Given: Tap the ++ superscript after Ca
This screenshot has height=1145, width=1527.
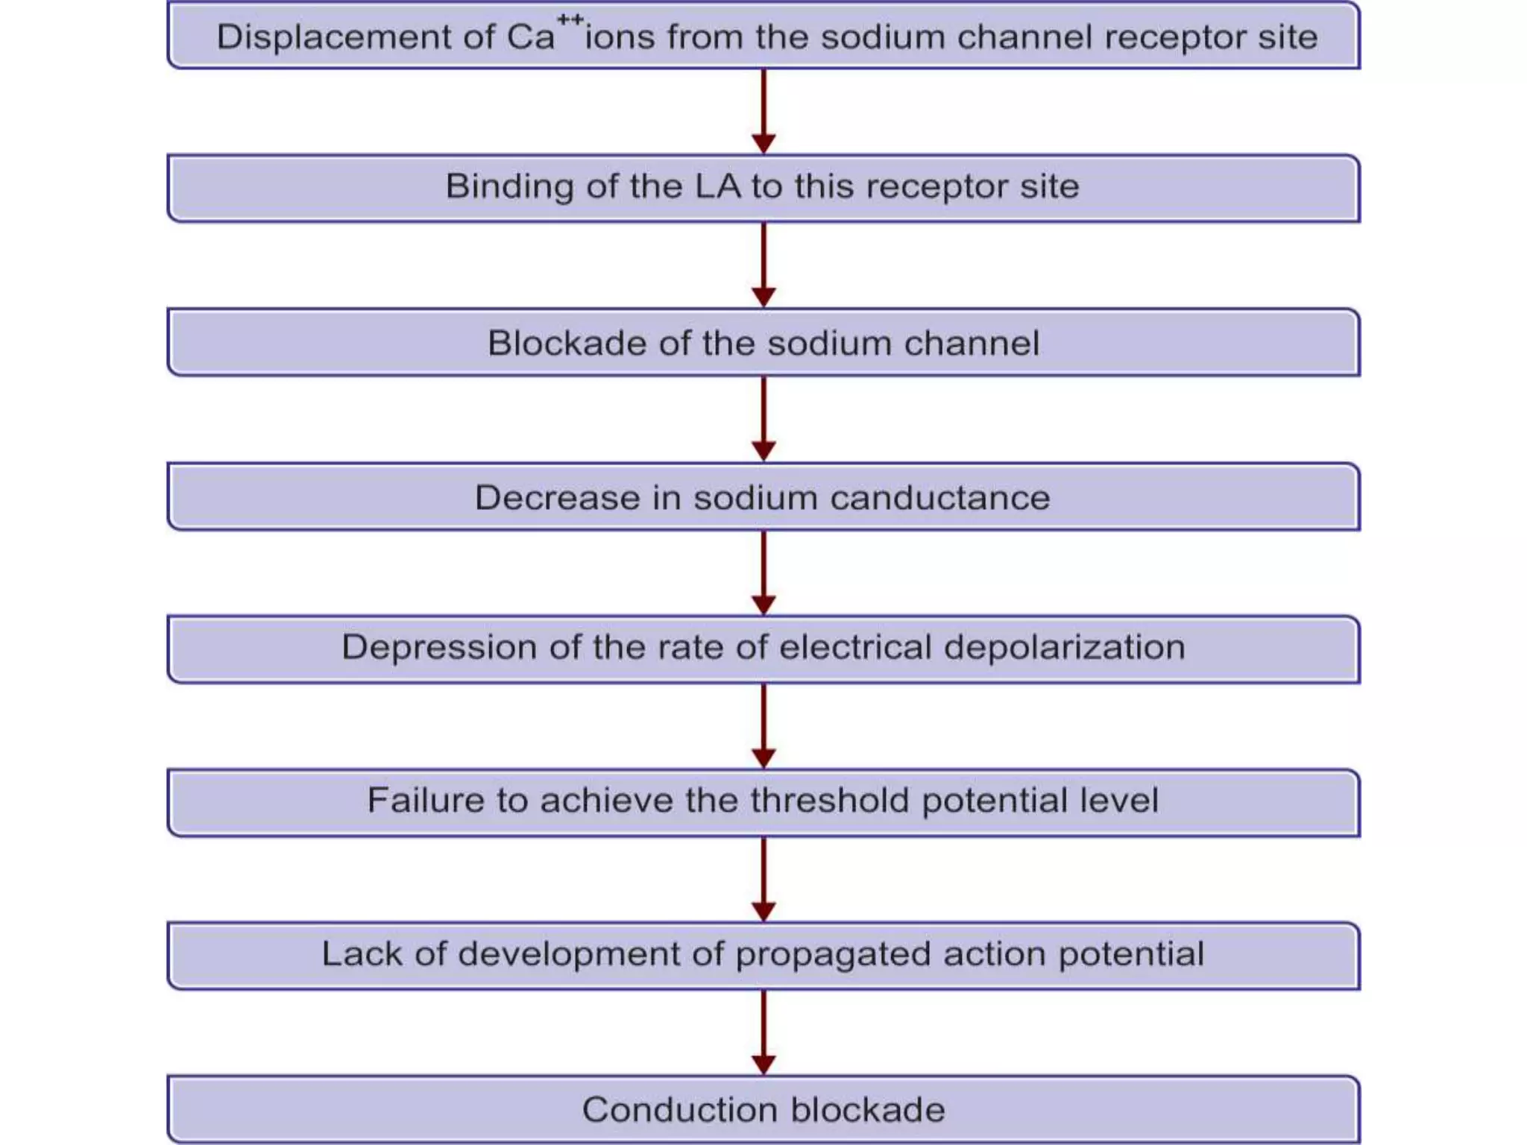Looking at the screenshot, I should pos(570,20).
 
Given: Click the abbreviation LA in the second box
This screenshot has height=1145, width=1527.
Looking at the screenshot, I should pos(717,186).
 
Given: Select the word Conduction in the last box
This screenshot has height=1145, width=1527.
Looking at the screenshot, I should pos(679,1110).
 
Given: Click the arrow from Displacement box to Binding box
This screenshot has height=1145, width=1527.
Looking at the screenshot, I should pos(763,112).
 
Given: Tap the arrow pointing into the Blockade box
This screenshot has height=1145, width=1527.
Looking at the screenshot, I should pos(763,266).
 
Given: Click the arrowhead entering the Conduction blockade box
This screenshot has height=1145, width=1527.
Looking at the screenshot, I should pos(763,1064).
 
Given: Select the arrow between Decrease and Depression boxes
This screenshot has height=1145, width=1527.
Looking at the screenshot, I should pos(763,572).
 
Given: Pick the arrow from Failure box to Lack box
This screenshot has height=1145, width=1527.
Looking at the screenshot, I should pos(763,880).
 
